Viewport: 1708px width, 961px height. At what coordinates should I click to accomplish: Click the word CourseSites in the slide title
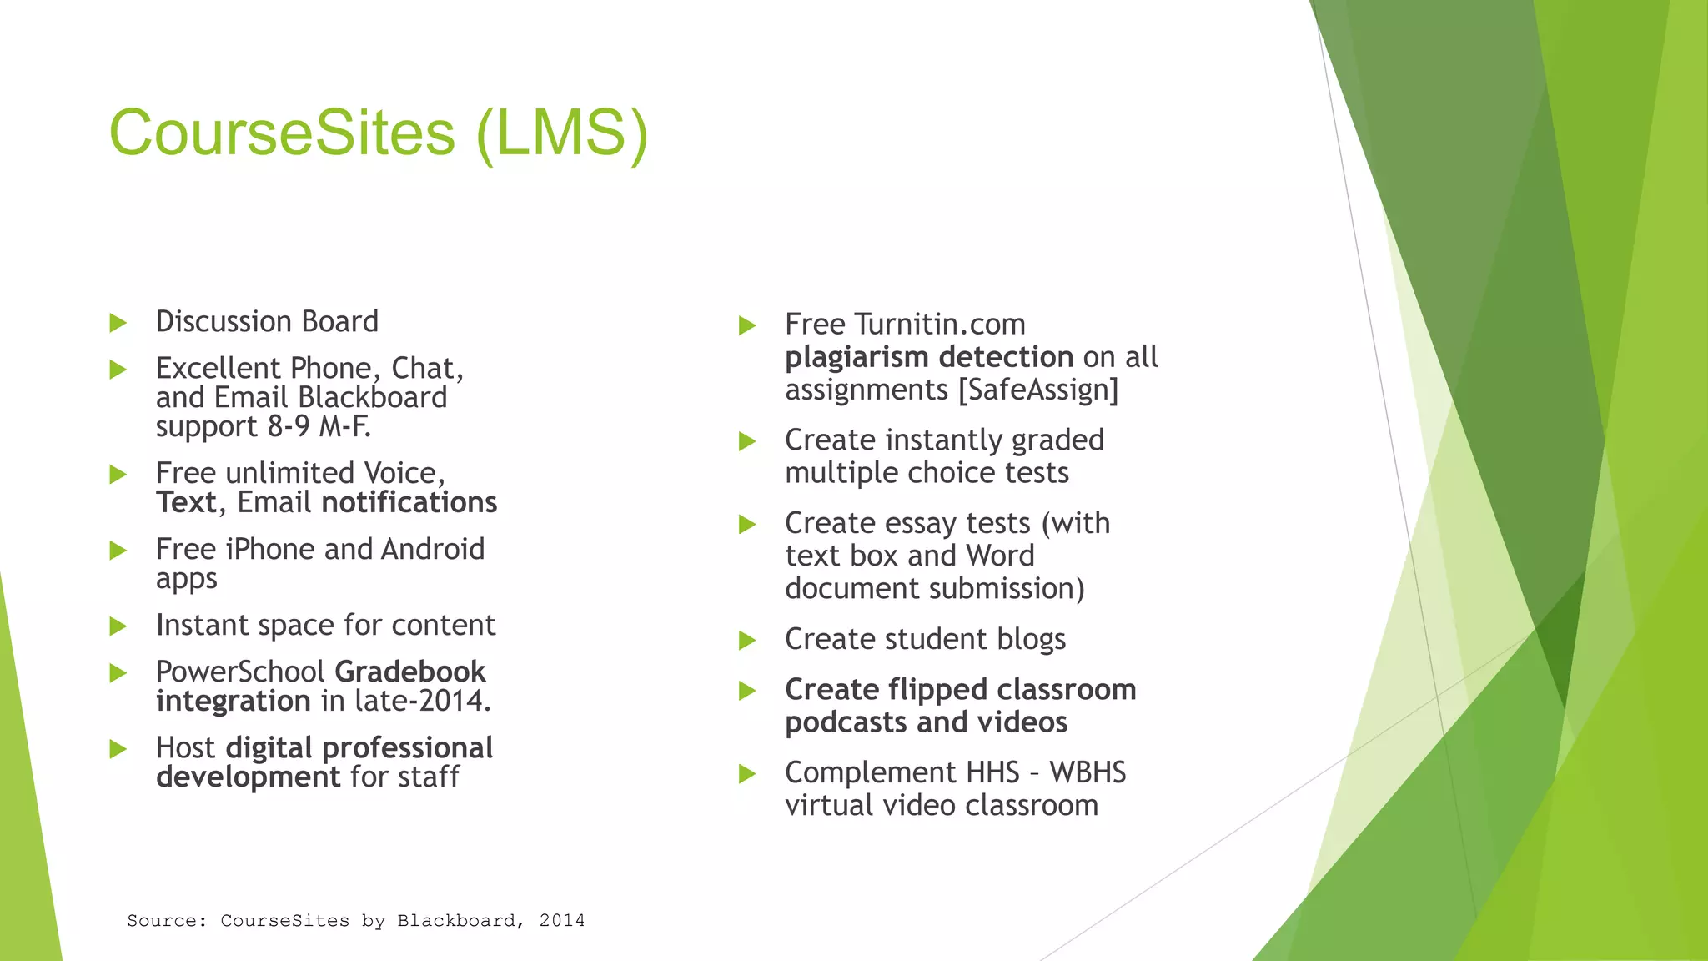click(282, 133)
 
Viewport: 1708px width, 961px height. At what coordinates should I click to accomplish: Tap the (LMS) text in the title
click(561, 133)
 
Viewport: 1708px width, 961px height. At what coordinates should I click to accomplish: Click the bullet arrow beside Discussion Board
click(118, 323)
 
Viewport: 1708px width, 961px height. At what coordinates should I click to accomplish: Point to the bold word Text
click(186, 502)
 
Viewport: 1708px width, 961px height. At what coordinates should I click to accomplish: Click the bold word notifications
click(409, 502)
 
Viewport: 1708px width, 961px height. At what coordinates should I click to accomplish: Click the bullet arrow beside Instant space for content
click(118, 626)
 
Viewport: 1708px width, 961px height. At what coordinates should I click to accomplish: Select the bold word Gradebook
click(410, 672)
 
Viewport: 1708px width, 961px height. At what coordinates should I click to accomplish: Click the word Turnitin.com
click(940, 324)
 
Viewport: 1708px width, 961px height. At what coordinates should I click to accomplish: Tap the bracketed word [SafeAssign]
click(1038, 390)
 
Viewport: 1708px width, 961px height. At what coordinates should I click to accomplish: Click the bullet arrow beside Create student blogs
click(747, 641)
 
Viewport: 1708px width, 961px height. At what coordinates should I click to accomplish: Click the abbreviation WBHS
click(1088, 772)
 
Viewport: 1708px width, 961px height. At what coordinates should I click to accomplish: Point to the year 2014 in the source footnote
click(562, 921)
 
